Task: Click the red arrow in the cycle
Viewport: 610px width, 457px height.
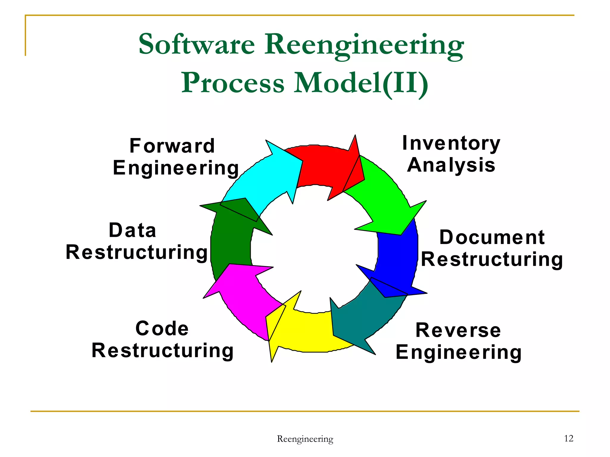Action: click(x=325, y=167)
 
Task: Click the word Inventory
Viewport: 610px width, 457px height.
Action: click(x=451, y=143)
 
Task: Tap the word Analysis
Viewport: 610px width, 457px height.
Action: click(x=451, y=165)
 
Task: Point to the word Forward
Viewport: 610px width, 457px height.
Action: click(x=172, y=146)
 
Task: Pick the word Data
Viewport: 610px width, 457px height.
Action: click(x=133, y=230)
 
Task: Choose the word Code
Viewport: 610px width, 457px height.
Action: click(x=162, y=328)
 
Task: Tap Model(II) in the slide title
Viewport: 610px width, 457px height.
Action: click(x=361, y=83)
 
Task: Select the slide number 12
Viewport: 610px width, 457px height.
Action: click(x=569, y=438)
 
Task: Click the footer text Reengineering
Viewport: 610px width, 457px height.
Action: click(x=305, y=439)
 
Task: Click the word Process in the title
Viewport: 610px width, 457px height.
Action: click(x=233, y=83)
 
